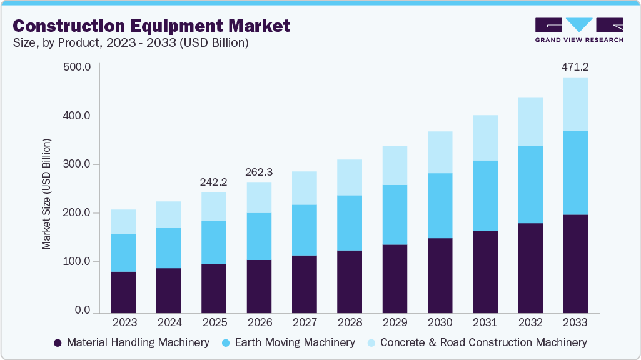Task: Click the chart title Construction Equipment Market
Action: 151,26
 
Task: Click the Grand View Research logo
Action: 578,30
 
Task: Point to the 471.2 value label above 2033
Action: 575,66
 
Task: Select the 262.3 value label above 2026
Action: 259,171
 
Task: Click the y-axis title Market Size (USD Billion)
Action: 47,194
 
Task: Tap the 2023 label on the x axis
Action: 123,322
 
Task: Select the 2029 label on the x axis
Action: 395,322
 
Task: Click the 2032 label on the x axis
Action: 530,322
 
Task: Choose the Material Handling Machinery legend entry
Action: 131,342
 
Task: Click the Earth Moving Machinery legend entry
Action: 289,342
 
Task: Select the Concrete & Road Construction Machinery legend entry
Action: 477,342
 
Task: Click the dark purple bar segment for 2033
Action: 575,264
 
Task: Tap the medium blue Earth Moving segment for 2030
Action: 440,206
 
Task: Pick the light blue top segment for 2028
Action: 349,177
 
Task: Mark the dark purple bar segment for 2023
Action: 123,292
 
